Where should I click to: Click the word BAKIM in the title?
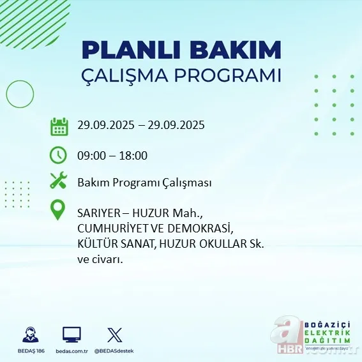[241, 50]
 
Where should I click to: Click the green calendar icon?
[59, 126]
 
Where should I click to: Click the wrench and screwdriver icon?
[59, 182]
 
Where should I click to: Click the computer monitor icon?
[72, 335]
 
